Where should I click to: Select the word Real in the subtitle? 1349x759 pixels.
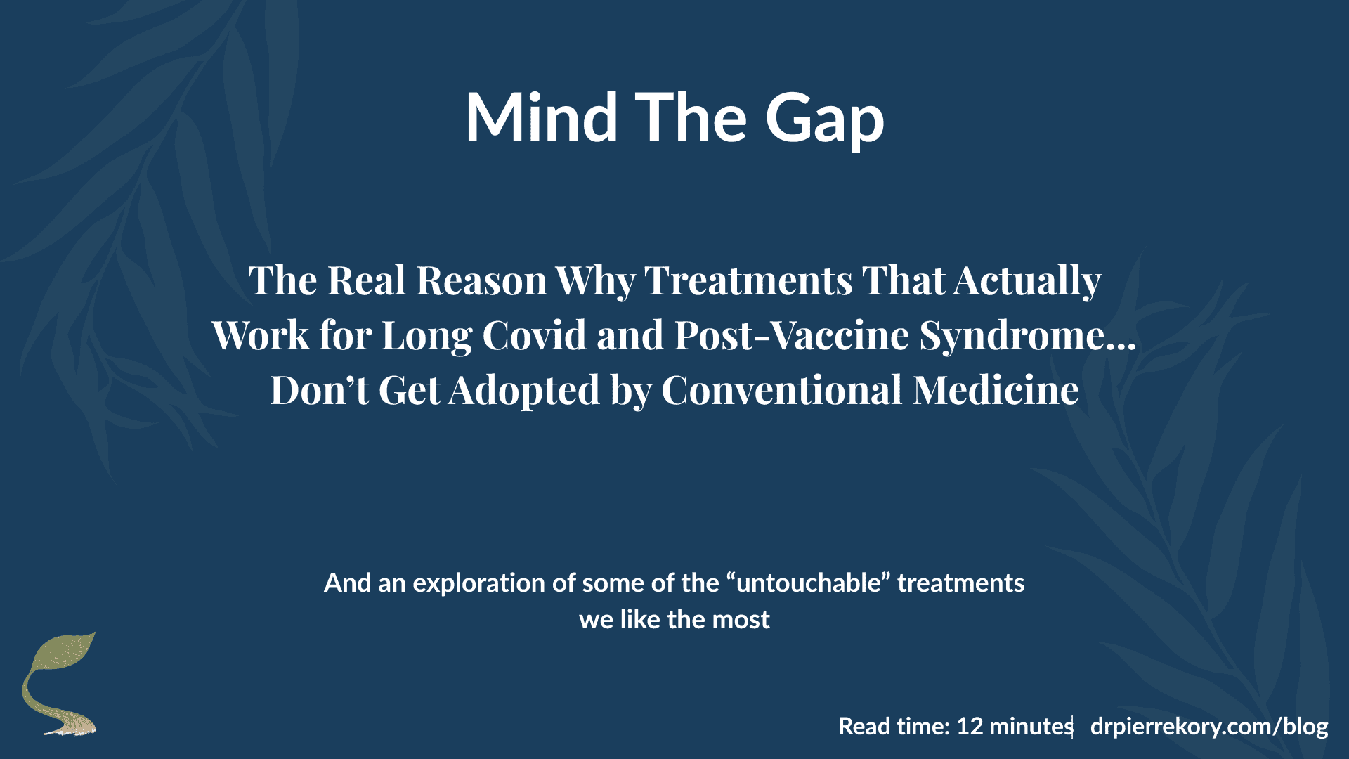tap(366, 280)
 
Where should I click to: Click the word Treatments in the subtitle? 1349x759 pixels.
tap(748, 280)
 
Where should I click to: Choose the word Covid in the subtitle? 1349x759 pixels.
tap(534, 335)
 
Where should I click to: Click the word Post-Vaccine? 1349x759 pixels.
tap(792, 335)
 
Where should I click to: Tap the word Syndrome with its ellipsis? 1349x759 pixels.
tap(1027, 335)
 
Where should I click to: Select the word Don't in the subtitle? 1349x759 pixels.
tap(319, 390)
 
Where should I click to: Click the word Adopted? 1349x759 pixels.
tap(524, 390)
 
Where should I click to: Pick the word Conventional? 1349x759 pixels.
tap(781, 390)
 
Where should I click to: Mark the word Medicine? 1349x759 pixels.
tap(996, 390)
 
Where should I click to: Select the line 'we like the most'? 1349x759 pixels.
tap(674, 619)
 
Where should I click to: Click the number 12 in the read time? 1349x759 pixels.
tap(970, 726)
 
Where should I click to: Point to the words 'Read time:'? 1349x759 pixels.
tap(894, 726)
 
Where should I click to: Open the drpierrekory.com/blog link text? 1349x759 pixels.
tap(1208, 726)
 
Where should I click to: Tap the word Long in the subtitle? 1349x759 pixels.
tap(426, 335)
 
